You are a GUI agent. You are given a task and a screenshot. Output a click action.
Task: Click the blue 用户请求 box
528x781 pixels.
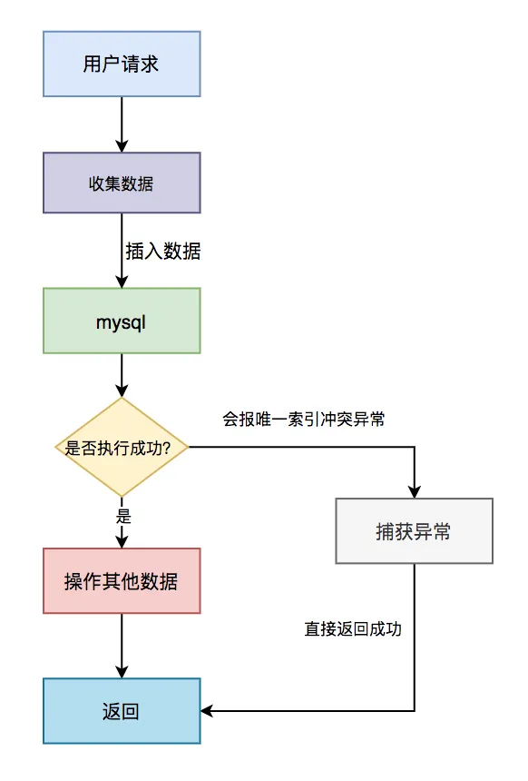click(x=122, y=64)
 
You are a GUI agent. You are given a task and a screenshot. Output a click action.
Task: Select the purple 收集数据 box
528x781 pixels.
click(x=122, y=183)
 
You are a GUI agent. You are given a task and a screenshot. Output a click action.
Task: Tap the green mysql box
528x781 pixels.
click(x=122, y=321)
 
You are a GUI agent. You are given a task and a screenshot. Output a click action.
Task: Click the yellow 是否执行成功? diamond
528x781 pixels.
click(x=122, y=448)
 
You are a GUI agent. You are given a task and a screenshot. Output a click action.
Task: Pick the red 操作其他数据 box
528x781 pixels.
click(x=122, y=581)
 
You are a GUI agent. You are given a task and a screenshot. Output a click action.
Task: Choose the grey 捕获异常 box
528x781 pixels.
click(x=414, y=531)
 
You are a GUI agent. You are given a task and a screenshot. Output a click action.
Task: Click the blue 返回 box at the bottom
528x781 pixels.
click(x=122, y=711)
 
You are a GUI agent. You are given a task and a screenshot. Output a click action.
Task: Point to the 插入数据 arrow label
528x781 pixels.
click(x=163, y=252)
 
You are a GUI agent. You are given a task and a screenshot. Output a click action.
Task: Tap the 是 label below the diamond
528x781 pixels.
click(x=124, y=516)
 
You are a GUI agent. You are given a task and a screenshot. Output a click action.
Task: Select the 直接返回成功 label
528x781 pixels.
click(x=353, y=628)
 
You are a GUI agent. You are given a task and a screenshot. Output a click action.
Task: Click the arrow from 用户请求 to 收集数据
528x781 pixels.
click(x=122, y=124)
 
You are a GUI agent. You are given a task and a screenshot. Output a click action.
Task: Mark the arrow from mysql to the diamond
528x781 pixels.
click(x=122, y=375)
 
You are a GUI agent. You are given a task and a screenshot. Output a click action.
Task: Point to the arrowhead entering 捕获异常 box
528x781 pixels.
click(x=414, y=491)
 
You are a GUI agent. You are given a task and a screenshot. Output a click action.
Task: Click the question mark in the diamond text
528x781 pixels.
click(x=182, y=448)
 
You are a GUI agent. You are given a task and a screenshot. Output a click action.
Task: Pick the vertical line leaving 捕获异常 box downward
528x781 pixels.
click(x=414, y=636)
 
